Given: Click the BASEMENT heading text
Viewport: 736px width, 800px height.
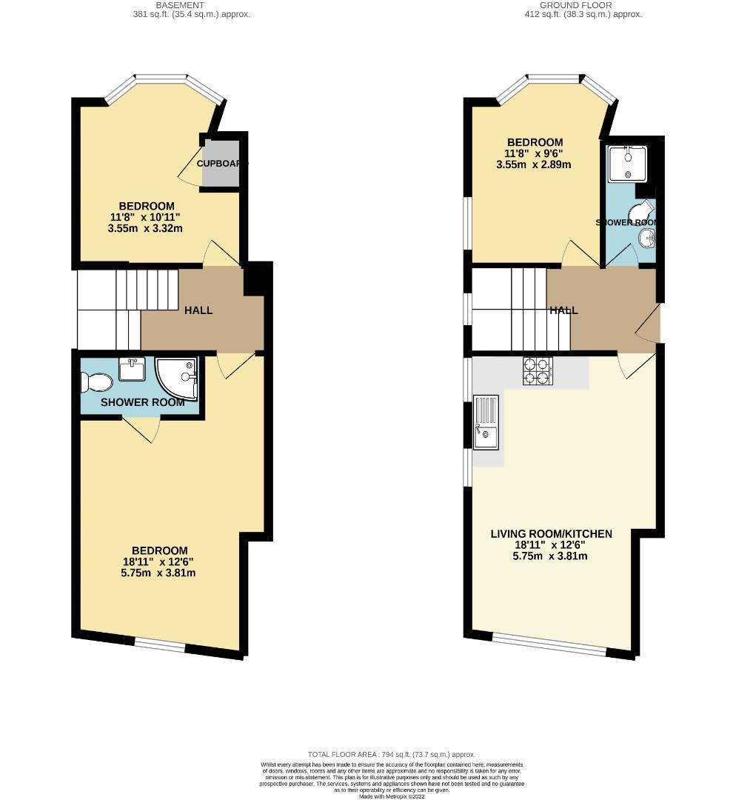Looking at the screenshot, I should [x=192, y=4].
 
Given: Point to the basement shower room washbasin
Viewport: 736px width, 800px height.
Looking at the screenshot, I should [x=133, y=369].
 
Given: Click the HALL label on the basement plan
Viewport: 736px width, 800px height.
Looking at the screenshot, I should [x=198, y=310].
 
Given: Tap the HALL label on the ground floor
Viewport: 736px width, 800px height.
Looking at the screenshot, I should [x=563, y=311].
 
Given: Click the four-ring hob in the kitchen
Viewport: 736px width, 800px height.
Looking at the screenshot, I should [x=538, y=372].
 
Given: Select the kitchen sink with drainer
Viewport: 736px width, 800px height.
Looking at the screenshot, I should [x=486, y=423].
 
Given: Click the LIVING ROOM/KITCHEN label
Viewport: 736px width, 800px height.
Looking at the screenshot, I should [x=552, y=533].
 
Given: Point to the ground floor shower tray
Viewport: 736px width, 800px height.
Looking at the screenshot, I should [x=626, y=163].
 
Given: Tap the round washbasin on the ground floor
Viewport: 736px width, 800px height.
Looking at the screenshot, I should [x=646, y=238].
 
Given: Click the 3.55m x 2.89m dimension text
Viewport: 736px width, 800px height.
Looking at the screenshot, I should [x=534, y=165].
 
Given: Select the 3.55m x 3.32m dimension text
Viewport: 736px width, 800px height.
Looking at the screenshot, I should [x=145, y=229].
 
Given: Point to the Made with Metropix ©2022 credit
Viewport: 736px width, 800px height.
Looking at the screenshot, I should [x=392, y=796].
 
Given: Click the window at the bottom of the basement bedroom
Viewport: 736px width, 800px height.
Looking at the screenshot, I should [x=160, y=646].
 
